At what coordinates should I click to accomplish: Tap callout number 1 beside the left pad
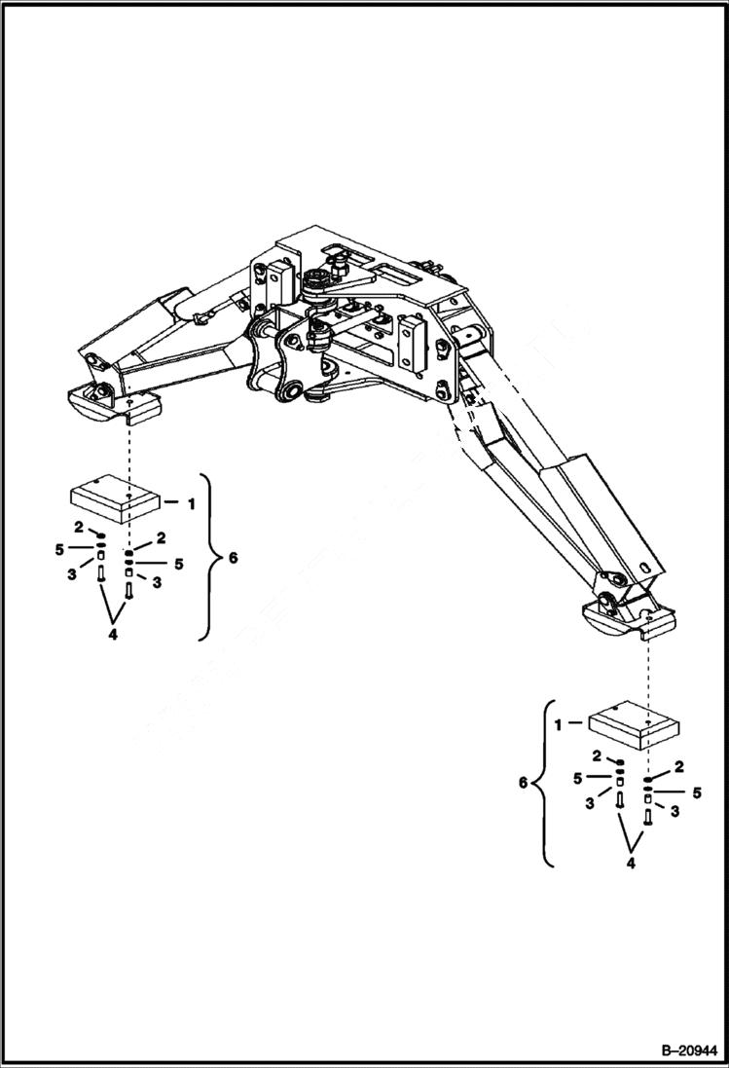click(x=191, y=503)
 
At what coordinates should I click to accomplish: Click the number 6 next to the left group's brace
click(x=231, y=559)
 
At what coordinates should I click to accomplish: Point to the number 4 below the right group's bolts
click(x=632, y=863)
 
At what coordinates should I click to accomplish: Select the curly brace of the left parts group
click(x=207, y=558)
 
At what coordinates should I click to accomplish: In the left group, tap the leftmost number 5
click(x=59, y=551)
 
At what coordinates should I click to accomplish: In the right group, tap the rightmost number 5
click(x=697, y=792)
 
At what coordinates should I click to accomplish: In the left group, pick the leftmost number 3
click(x=72, y=575)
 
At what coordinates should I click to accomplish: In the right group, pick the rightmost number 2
click(x=678, y=766)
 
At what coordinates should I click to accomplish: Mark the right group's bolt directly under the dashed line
click(x=648, y=817)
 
